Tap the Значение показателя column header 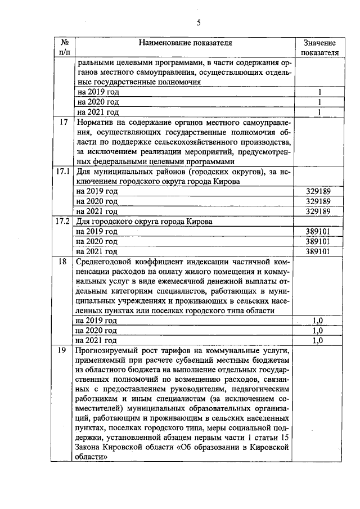[x=319, y=48]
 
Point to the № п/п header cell [x=63, y=48]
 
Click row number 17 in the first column [x=63, y=122]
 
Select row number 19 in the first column [x=63, y=350]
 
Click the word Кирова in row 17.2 [x=199, y=221]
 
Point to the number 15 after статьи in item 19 [x=286, y=436]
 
